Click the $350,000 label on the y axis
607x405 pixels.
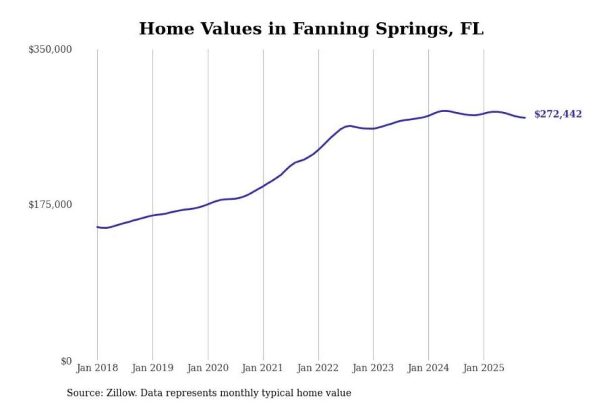[50, 49]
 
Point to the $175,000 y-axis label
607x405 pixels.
[50, 205]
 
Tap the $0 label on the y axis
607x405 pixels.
[66, 361]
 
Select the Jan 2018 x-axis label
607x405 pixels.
[97, 368]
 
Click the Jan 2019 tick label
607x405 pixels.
[152, 368]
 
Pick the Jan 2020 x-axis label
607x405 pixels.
[207, 368]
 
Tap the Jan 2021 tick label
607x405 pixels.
[262, 368]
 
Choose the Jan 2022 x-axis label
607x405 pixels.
[317, 368]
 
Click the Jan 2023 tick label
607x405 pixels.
[373, 368]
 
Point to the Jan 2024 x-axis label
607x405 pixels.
[428, 368]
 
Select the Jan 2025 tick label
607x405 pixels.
[483, 368]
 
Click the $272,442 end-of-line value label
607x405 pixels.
[558, 114]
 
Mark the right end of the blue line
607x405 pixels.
[525, 118]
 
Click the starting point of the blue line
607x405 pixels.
[97, 227]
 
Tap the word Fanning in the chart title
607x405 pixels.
[330, 29]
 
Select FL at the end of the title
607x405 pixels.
[472, 29]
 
